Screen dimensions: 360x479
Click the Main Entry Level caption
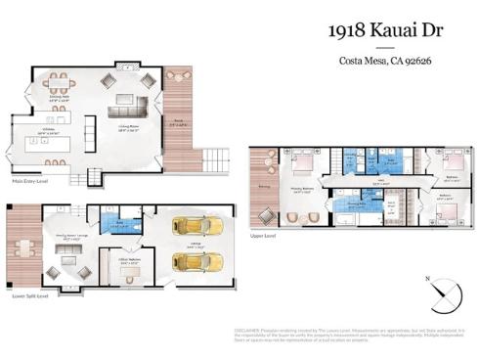[x=31, y=180]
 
